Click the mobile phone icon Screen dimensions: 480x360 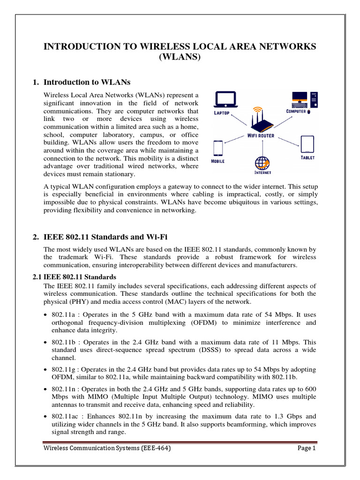[218, 149]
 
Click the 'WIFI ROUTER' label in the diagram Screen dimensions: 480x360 [261, 136]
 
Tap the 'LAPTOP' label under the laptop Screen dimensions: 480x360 [222, 113]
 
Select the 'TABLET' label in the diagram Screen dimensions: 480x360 [307, 158]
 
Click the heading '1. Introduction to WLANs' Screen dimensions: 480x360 [81, 82]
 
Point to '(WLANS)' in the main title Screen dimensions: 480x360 [180, 57]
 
